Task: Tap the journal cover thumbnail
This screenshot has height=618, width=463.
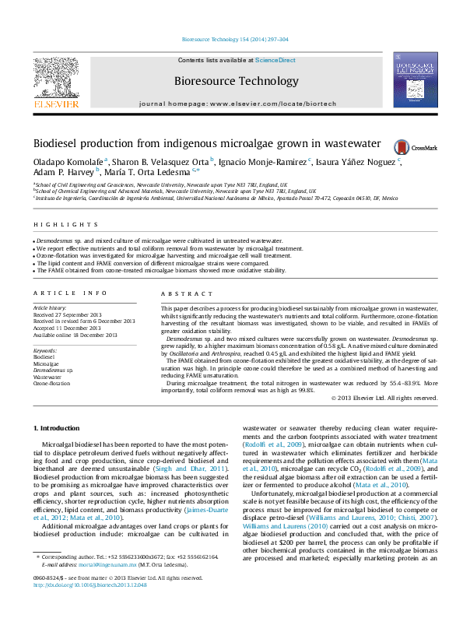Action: [x=415, y=81]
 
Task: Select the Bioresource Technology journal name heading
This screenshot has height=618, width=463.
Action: [x=231, y=80]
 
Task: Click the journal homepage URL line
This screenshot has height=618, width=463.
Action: [x=231, y=104]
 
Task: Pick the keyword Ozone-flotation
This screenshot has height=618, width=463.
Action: [x=51, y=383]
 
